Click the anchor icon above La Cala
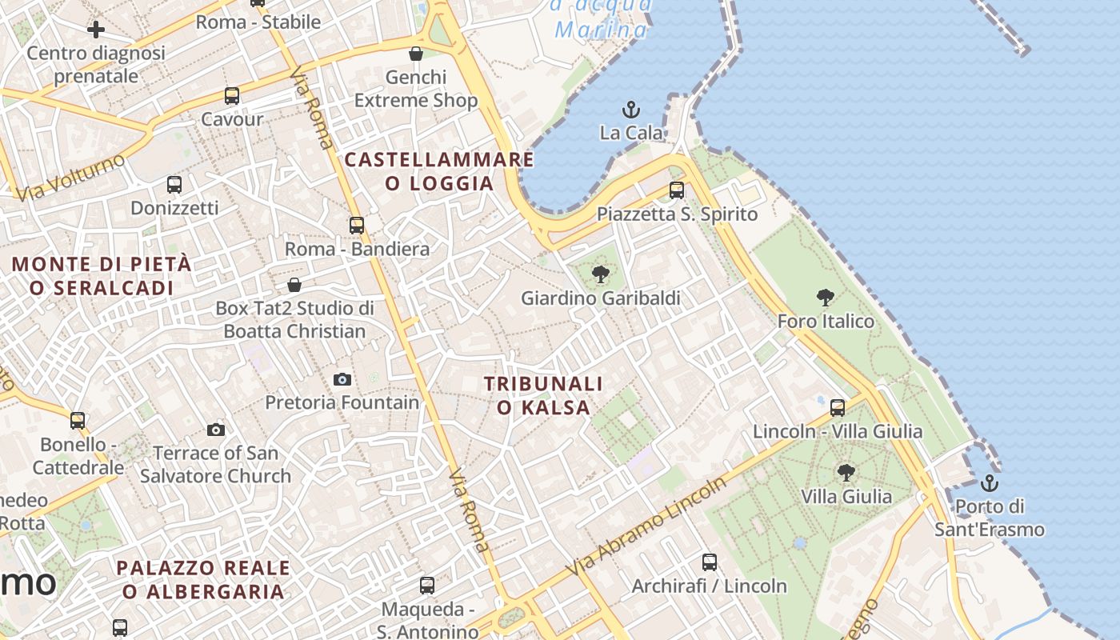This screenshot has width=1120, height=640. (x=631, y=109)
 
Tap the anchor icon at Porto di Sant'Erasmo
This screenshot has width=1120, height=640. (x=990, y=483)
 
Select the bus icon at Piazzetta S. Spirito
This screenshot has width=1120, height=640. (x=677, y=190)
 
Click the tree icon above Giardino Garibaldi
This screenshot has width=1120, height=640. (x=600, y=275)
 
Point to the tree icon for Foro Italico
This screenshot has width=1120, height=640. (x=826, y=298)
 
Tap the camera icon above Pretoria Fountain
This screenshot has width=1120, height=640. (x=342, y=379)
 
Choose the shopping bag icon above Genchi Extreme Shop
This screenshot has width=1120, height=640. (x=416, y=54)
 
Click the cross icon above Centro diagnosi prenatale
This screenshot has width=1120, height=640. (x=96, y=30)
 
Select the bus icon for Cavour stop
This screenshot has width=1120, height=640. (x=232, y=96)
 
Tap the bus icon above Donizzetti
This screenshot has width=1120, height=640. (x=174, y=185)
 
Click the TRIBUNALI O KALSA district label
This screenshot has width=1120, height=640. (x=543, y=396)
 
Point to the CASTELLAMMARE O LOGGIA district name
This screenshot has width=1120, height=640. (x=439, y=171)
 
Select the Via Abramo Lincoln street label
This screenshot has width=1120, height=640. (x=647, y=526)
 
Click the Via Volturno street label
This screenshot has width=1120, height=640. (x=70, y=178)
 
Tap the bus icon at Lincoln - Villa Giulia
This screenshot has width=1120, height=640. (x=838, y=408)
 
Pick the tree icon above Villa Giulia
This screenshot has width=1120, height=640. (x=846, y=473)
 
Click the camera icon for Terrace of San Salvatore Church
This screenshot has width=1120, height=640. (x=216, y=430)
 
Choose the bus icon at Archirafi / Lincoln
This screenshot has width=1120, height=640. (x=710, y=562)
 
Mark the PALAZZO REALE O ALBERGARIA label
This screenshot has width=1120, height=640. (x=203, y=580)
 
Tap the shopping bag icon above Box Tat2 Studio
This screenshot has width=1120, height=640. (x=294, y=285)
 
